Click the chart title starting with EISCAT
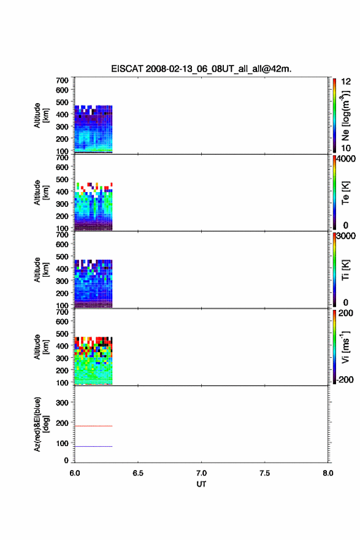(x=201, y=69)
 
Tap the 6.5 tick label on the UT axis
(x=138, y=473)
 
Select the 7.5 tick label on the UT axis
(x=265, y=473)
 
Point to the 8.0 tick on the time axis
(x=328, y=473)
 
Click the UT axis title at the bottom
(x=201, y=484)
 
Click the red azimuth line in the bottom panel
(x=94, y=426)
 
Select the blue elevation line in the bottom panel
(x=94, y=446)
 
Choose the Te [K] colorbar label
(x=345, y=193)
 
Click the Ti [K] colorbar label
(x=345, y=270)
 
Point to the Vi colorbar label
(x=345, y=347)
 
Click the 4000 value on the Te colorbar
(x=346, y=159)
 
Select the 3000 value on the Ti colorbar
(x=346, y=236)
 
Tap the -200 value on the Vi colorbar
(x=345, y=379)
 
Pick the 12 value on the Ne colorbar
(x=346, y=82)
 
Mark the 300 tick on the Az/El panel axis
(x=63, y=403)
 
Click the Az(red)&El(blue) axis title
(x=41, y=424)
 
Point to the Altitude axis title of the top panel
(x=41, y=116)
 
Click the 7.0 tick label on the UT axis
(x=201, y=473)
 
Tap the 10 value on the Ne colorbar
(x=346, y=148)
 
